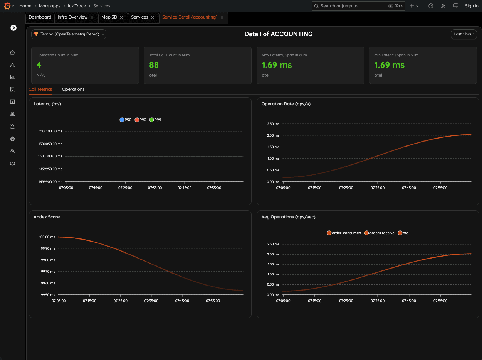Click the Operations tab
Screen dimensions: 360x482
click(73, 89)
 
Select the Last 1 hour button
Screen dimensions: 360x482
click(464, 34)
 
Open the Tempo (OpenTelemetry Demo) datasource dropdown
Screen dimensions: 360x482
click(69, 34)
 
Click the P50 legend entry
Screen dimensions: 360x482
click(125, 120)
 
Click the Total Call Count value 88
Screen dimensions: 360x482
click(154, 65)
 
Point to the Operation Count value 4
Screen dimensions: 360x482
click(39, 65)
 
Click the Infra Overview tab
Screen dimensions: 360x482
click(72, 17)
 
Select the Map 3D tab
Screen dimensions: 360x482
click(109, 17)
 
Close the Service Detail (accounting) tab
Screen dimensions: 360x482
click(222, 17)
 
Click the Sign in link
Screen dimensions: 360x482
click(472, 6)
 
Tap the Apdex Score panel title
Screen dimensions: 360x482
click(47, 217)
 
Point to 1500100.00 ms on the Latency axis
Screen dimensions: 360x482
click(50, 131)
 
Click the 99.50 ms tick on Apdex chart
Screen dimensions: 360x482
click(48, 295)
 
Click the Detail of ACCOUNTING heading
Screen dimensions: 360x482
click(278, 34)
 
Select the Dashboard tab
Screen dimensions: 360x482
click(40, 17)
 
